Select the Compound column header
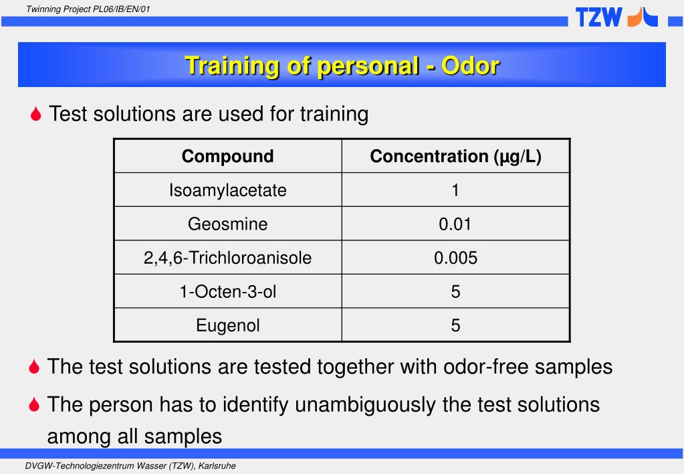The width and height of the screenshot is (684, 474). [x=227, y=157]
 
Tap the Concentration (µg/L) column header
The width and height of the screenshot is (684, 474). [x=455, y=157]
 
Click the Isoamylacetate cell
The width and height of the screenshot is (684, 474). [x=227, y=190]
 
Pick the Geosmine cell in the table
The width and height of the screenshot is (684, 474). [x=227, y=224]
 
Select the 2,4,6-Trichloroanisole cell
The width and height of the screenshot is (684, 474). [x=227, y=258]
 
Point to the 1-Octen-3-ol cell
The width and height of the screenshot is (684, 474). [x=227, y=291]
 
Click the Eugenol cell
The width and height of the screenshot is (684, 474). [x=227, y=325]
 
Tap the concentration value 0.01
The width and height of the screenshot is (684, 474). [x=455, y=224]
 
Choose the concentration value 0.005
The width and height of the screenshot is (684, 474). [x=455, y=258]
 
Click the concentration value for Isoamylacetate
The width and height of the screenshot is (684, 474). [x=455, y=190]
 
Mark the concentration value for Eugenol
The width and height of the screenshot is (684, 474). [x=455, y=325]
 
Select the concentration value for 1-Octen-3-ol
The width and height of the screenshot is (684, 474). [x=455, y=291]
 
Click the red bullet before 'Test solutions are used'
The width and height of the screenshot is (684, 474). [x=36, y=114]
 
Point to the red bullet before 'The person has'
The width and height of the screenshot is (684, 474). [x=36, y=405]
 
